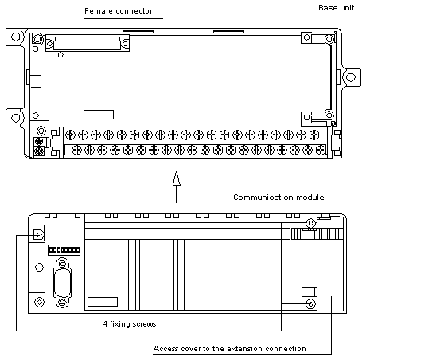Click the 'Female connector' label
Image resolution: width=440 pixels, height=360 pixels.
[118, 11]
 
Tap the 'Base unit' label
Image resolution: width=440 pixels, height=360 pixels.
[337, 8]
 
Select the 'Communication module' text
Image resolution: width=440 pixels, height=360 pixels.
[278, 198]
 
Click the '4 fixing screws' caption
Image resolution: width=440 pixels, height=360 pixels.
[129, 324]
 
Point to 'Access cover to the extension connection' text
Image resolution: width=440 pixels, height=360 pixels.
[229, 349]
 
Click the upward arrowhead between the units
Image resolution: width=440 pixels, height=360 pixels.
[176, 178]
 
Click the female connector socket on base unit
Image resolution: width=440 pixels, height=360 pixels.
[88, 43]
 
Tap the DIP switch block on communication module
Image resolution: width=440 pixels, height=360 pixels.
[64, 249]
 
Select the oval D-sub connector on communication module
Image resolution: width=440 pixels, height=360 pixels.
[62, 283]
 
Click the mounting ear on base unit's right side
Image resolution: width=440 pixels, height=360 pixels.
[351, 77]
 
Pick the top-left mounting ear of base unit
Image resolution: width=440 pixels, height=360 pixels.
[15, 37]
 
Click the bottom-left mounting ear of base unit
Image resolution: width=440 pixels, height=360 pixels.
[15, 117]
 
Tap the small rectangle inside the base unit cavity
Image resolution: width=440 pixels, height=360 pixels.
[99, 115]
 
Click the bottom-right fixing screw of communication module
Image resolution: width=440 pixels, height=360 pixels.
[310, 303]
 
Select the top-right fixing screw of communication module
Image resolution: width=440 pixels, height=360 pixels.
[310, 223]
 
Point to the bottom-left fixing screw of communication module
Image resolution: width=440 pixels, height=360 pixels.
[39, 303]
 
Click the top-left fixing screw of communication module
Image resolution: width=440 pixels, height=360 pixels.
[39, 234]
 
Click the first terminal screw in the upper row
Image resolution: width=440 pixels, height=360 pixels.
[70, 135]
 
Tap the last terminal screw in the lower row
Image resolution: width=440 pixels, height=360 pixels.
[321, 151]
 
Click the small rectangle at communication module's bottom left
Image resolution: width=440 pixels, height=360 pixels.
[103, 302]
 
